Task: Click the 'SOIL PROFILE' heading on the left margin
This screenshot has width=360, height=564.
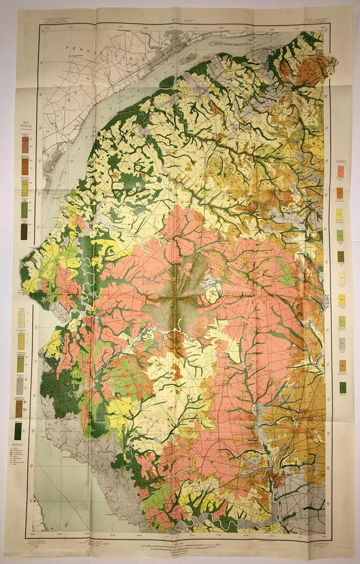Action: tap(24, 126)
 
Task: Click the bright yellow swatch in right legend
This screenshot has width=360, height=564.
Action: tap(340, 300)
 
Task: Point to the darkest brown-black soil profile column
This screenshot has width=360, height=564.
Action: tap(24, 232)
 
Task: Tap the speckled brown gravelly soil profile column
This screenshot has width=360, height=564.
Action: tap(19, 408)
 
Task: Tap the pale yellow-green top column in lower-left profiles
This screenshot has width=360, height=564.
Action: tap(21, 320)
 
